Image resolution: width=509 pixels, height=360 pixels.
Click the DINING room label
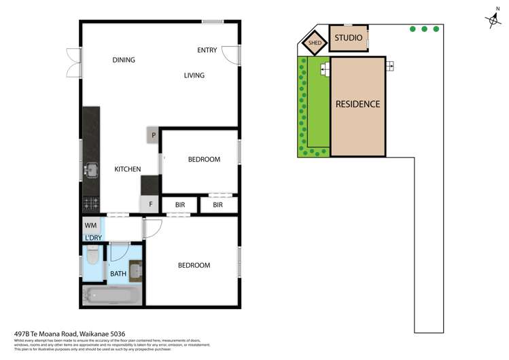[124, 60]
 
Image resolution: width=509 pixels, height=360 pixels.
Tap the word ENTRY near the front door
[207, 50]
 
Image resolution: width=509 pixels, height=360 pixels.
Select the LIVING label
[194, 75]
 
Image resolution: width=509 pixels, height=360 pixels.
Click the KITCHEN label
[127, 169]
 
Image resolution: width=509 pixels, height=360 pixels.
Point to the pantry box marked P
[154, 135]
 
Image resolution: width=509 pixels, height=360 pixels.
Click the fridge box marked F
[150, 204]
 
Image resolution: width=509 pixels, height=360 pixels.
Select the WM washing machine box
[90, 225]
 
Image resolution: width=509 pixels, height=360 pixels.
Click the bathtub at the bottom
[112, 295]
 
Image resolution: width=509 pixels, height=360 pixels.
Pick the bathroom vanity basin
[135, 270]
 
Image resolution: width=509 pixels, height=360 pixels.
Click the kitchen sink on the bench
[90, 169]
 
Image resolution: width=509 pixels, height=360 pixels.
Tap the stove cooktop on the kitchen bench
[90, 202]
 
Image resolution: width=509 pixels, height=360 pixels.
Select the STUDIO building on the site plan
[349, 39]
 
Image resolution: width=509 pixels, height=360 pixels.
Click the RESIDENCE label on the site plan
[357, 105]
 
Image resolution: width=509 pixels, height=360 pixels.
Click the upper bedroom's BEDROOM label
[204, 160]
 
